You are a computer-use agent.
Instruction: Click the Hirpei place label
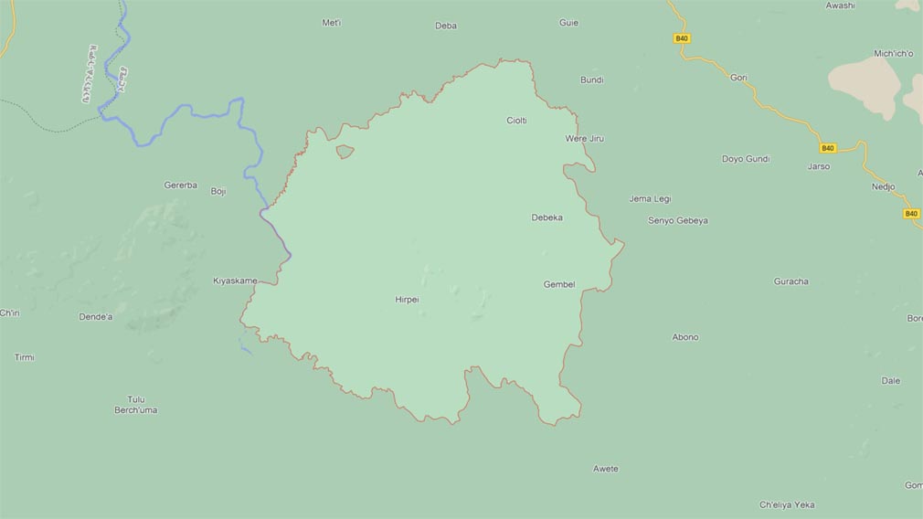point(407,300)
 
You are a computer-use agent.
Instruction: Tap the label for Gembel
point(559,284)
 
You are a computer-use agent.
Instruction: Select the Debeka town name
point(546,217)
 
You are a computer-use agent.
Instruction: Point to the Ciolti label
point(516,121)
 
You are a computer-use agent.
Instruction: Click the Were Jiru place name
point(585,139)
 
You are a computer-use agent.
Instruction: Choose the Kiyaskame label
point(235,281)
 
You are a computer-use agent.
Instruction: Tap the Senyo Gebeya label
point(678,220)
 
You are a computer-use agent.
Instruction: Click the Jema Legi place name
point(650,198)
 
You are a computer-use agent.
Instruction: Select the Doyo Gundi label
point(746,159)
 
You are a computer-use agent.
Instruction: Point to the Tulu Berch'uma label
point(135,405)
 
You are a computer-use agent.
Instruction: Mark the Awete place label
point(606,469)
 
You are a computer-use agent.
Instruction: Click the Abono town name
point(685,337)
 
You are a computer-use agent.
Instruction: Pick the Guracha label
point(791,281)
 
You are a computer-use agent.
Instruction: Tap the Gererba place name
point(181,185)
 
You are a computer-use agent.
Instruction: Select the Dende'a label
point(96,317)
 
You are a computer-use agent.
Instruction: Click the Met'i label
point(332,23)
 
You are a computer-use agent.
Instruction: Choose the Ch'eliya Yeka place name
point(787,504)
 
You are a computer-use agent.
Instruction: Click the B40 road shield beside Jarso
point(828,148)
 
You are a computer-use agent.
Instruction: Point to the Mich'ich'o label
point(894,54)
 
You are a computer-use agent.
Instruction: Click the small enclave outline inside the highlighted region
point(345,152)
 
